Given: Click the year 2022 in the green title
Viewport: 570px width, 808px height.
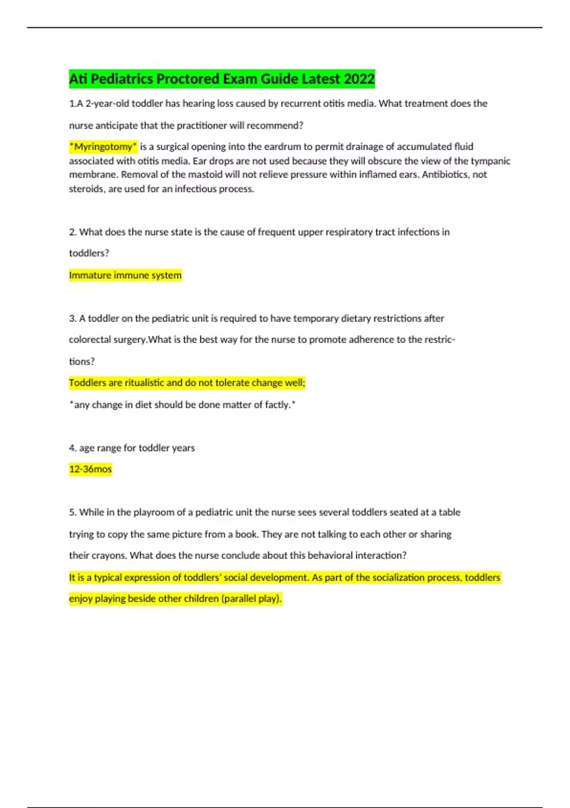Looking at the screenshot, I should coord(359,79).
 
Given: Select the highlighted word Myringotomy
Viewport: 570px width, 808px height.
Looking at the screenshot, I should coord(104,146).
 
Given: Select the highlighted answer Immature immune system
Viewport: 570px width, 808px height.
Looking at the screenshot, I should coord(125,275).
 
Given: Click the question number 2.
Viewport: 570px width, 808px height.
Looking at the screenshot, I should coord(72,232).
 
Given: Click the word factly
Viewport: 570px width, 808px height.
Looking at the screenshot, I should coord(277,404).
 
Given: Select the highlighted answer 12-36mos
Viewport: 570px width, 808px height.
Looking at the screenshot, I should coord(90,469).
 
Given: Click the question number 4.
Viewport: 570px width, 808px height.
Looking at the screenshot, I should coord(72,448).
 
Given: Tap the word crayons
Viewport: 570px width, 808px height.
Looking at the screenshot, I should coord(109,555).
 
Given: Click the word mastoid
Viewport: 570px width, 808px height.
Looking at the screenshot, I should coord(188,174).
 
